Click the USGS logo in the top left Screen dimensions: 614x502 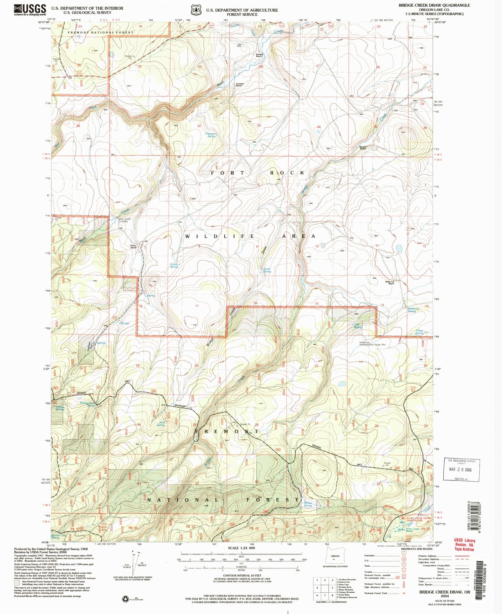tap(30, 10)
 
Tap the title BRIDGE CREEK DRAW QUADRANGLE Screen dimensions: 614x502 tap(434, 5)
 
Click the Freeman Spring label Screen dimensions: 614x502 tap(211, 135)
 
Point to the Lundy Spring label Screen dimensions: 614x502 tap(174, 265)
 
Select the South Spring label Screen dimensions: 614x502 tap(267, 270)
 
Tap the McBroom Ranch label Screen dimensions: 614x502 tap(389, 282)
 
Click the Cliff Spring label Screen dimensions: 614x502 tap(358, 326)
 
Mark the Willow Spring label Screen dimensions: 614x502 tap(307, 504)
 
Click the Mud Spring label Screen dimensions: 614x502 tap(161, 424)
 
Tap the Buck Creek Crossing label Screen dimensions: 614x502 tap(123, 220)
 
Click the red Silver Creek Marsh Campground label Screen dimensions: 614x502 tap(419, 519)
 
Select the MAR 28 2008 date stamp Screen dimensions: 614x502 tap(460, 470)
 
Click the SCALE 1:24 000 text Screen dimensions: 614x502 tap(241, 548)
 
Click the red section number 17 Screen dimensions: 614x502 tap(197, 306)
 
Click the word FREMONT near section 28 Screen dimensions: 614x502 tap(227, 432)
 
